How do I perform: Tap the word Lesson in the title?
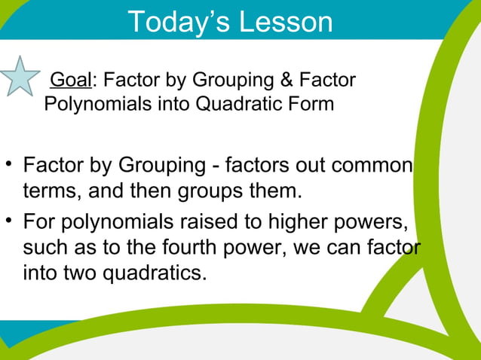click(x=286, y=22)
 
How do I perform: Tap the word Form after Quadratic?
click(x=309, y=103)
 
